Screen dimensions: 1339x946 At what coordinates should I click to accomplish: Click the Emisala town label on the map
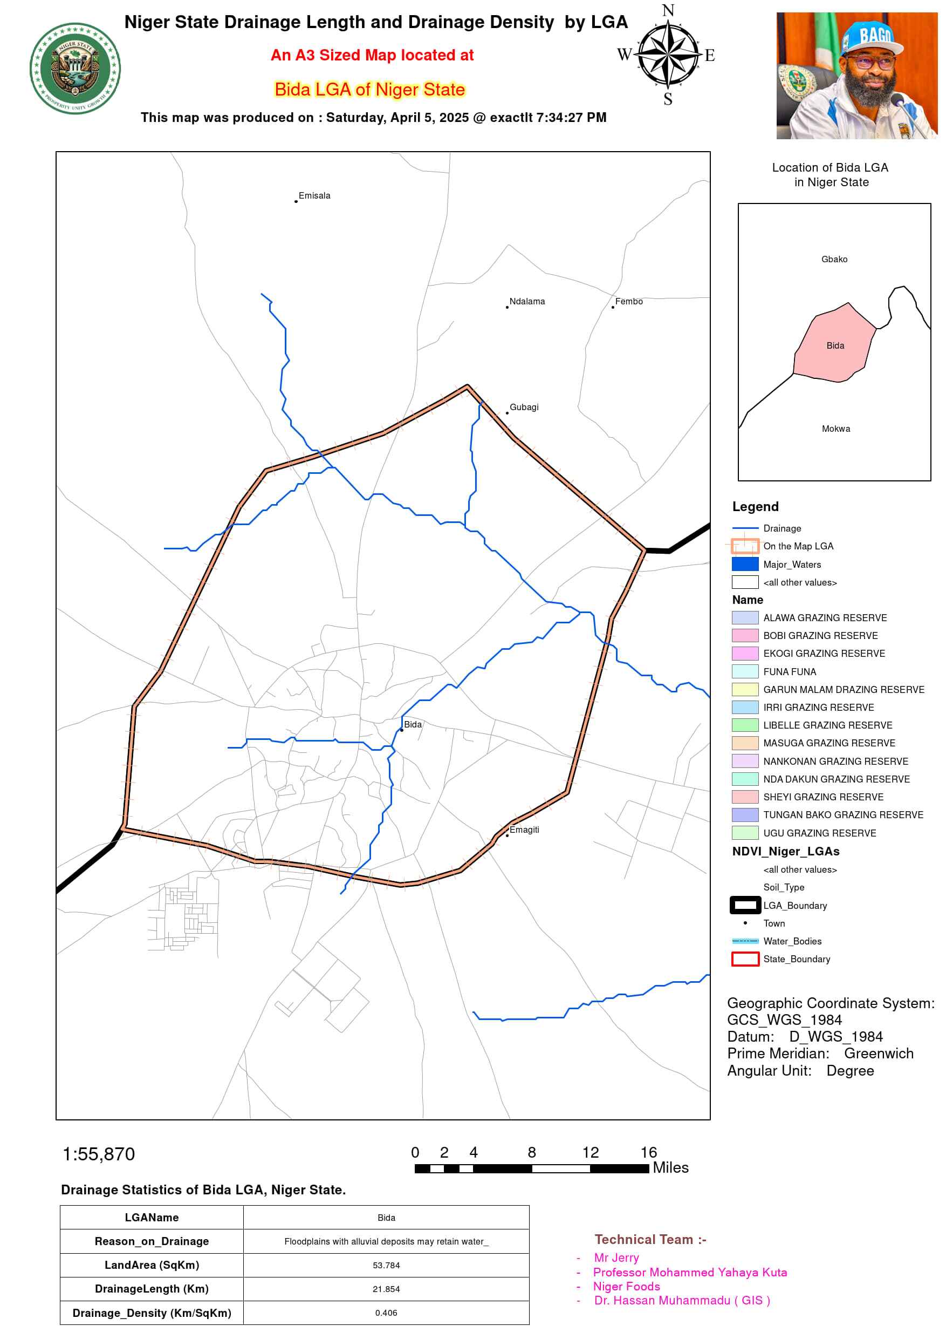point(314,196)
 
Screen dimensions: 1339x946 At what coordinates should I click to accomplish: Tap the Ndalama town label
point(527,302)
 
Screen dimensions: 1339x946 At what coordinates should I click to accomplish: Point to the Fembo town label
point(629,302)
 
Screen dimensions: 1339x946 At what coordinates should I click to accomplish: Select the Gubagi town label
point(524,407)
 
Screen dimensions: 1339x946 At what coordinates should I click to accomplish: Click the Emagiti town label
point(524,830)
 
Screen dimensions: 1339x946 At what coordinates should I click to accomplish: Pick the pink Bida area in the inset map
point(833,350)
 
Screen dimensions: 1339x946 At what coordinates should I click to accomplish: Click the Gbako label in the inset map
point(834,260)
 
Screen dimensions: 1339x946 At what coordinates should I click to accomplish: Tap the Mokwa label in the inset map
point(836,429)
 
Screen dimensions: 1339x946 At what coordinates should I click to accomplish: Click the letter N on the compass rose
point(668,10)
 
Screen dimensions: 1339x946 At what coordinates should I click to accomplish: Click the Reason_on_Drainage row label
point(152,1241)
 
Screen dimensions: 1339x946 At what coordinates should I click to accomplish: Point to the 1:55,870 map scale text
point(99,1154)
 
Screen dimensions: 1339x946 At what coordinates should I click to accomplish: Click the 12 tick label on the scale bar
point(590,1152)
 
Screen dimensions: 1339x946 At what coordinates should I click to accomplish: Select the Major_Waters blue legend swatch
point(745,565)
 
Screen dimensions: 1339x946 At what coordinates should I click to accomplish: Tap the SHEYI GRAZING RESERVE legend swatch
point(745,797)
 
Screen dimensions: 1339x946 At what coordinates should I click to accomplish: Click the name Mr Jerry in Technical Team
point(616,1258)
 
